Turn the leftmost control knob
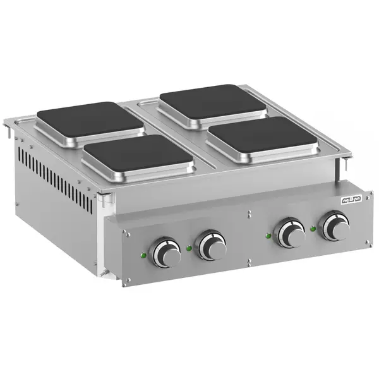[166, 252]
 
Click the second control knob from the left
[212, 245]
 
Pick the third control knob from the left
[292, 233]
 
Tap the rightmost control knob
[334, 227]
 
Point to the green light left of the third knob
[269, 236]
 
